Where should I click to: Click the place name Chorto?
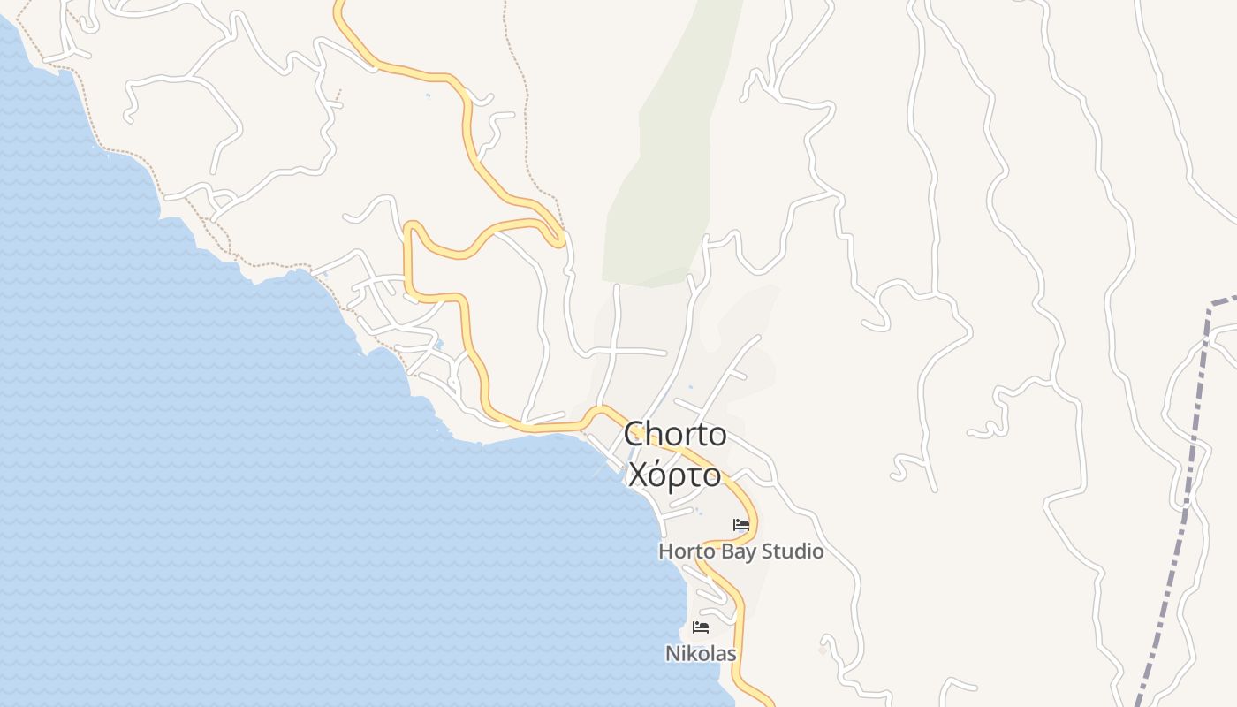click(675, 434)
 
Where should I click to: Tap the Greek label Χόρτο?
click(674, 475)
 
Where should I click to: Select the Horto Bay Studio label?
click(740, 551)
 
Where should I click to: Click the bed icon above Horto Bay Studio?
click(741, 525)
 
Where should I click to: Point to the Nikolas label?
click(701, 654)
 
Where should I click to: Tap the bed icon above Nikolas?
click(701, 627)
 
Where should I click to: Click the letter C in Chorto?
click(634, 435)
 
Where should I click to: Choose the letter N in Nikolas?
click(672, 654)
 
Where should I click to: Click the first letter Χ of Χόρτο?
click(637, 475)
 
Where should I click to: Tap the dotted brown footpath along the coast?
click(124, 151)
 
